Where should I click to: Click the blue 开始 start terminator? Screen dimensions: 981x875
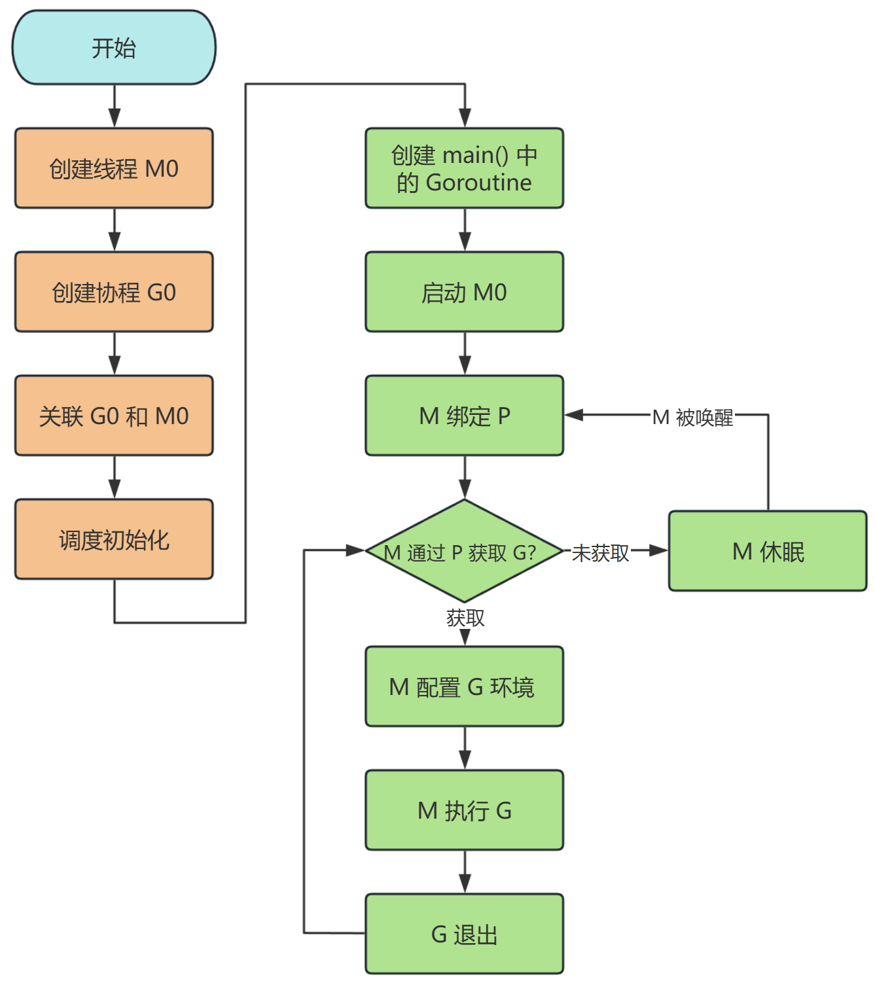(114, 48)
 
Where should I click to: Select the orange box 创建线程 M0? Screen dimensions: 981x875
(114, 168)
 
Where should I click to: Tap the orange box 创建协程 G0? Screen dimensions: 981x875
(114, 292)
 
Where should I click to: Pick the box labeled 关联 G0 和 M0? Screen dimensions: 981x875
(114, 416)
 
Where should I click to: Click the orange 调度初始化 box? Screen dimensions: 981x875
(114, 539)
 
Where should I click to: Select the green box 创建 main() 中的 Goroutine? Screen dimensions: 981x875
(464, 168)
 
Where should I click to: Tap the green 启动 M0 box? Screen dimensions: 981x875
(464, 292)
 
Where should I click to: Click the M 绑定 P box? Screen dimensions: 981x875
(464, 416)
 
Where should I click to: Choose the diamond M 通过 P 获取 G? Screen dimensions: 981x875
(464, 551)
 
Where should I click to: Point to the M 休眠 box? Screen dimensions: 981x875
(768, 551)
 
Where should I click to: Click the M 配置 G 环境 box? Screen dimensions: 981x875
(464, 687)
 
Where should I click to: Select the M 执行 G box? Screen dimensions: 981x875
(464, 810)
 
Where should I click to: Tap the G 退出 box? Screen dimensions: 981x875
(464, 934)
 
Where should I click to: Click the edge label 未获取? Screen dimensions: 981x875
(600, 553)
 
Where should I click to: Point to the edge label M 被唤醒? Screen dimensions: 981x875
(693, 417)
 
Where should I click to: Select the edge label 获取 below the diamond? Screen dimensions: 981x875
(465, 617)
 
